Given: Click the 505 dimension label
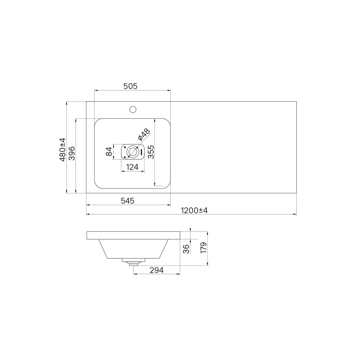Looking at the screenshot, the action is (x=130, y=86).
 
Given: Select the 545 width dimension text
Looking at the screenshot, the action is (x=127, y=201).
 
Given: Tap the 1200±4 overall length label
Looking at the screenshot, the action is (x=194, y=210).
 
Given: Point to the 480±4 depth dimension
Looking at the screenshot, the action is (x=62, y=150).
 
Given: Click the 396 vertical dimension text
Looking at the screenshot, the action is (x=72, y=153).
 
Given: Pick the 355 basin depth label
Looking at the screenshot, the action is (x=151, y=152).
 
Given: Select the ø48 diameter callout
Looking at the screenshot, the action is (x=144, y=135).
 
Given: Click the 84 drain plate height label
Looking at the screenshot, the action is (x=109, y=152).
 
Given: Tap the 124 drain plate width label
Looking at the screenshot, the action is (x=132, y=167).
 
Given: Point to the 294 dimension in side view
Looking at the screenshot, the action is (x=157, y=270).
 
